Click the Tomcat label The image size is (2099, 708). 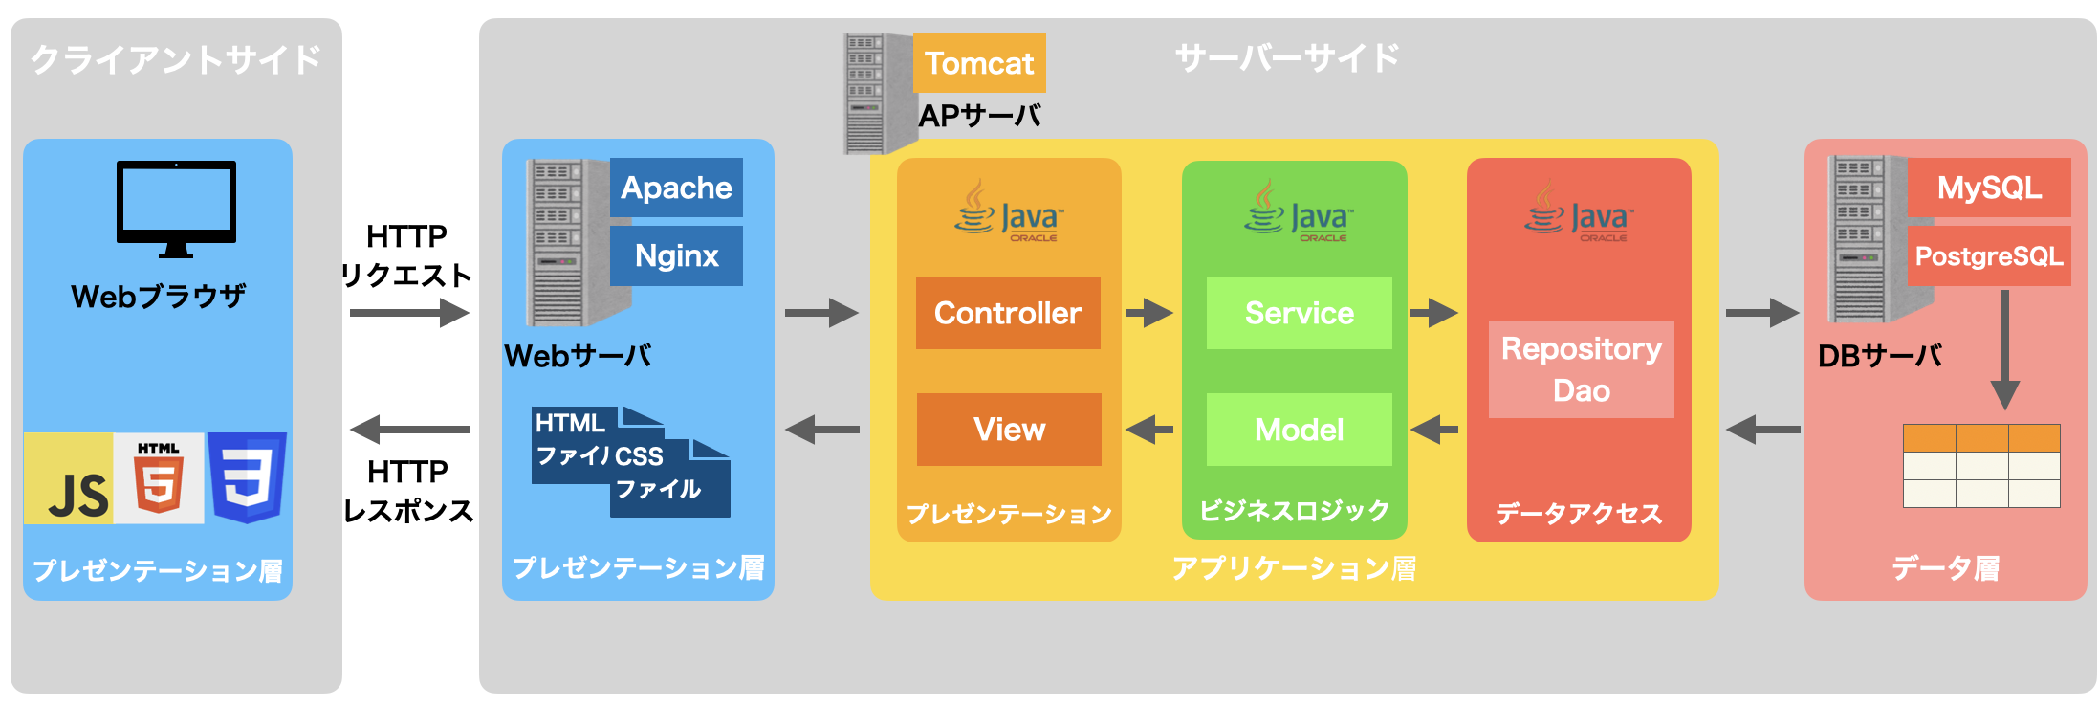tap(979, 63)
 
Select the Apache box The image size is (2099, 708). tap(676, 188)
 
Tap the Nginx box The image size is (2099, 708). tap(676, 255)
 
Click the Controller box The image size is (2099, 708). tap(1008, 313)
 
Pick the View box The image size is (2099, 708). tap(1009, 430)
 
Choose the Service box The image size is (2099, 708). tap(1299, 313)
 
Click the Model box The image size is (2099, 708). tap(1299, 430)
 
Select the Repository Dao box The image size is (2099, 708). tap(1581, 369)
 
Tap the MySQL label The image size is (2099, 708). tap(1989, 188)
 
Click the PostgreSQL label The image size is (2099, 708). tap(1989, 256)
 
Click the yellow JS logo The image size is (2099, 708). tap(69, 478)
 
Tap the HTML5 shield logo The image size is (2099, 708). tap(159, 478)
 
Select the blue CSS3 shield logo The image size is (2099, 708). tap(247, 476)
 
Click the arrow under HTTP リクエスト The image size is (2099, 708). tap(409, 313)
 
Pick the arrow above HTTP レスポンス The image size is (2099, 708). tap(409, 430)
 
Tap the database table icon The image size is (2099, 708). tap(1981, 466)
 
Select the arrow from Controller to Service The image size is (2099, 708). tap(1148, 313)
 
